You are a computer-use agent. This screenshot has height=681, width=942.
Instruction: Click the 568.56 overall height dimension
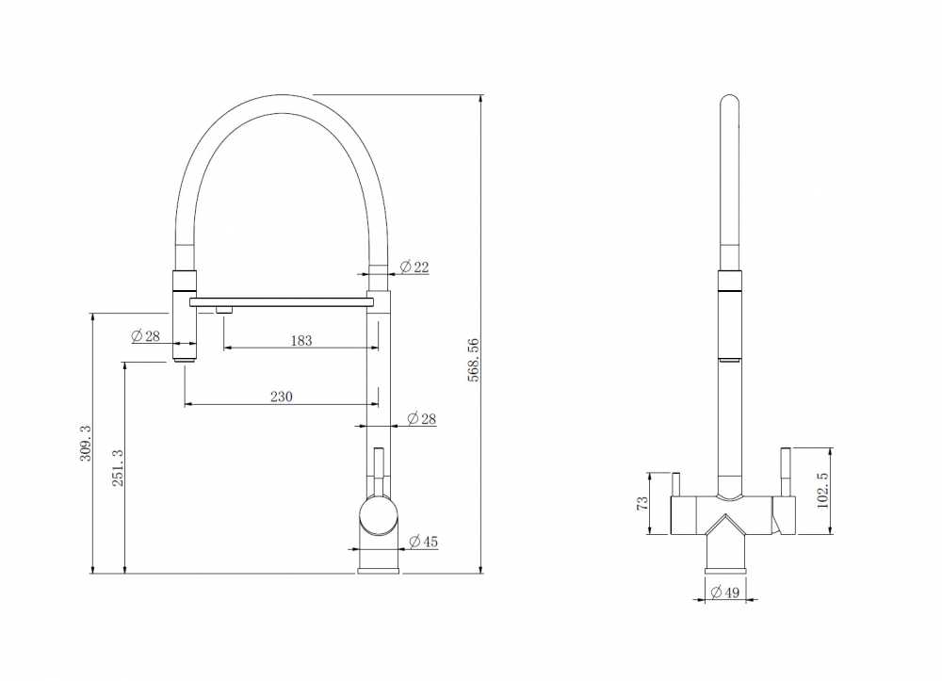474,361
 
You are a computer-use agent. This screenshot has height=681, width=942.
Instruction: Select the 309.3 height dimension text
86,443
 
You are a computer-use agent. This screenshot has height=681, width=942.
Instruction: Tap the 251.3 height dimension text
118,468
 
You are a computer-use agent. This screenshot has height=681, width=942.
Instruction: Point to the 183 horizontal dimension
301,341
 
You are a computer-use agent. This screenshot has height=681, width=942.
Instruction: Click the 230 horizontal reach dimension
281,397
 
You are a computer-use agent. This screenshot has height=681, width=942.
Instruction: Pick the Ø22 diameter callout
414,267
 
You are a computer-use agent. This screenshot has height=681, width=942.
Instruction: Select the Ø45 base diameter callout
424,542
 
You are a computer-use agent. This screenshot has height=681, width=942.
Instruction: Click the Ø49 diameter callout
724,592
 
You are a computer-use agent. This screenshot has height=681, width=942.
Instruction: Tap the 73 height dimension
642,503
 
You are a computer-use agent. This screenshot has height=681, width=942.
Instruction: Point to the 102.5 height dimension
823,490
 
